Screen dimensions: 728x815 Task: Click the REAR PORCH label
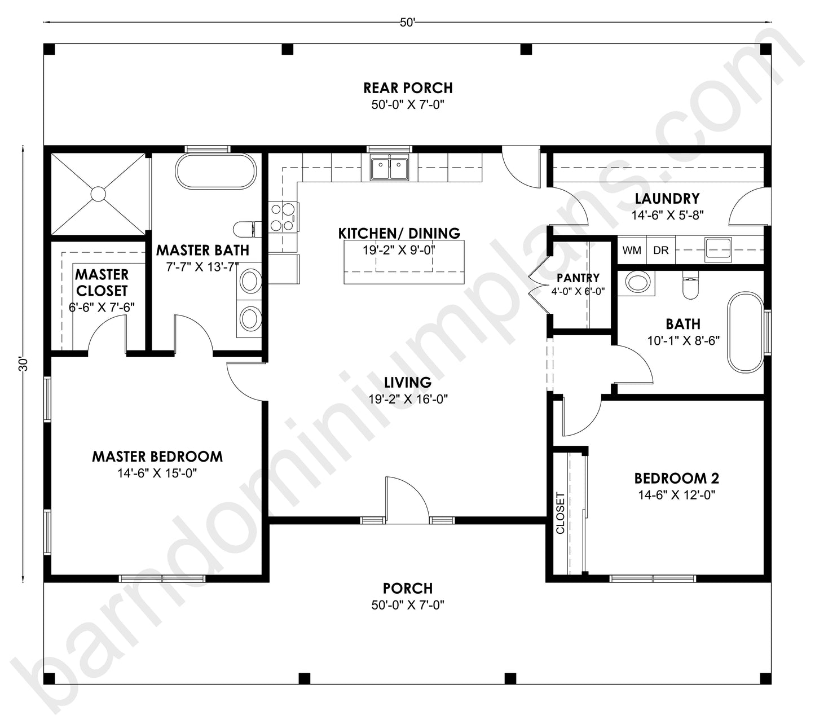407,88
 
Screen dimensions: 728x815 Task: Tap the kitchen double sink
389,168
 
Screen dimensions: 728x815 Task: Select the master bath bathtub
215,171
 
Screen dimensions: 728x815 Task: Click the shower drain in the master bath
98,194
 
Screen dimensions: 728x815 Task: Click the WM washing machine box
632,250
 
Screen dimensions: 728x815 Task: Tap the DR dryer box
660,250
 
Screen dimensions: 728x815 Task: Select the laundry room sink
717,248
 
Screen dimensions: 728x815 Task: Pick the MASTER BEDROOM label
157,457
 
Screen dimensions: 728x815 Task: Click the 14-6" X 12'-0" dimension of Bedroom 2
677,495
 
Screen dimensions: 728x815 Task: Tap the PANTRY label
578,278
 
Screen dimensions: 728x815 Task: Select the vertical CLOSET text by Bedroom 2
560,513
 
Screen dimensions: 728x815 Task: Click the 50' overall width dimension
407,23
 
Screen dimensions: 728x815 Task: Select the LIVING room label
407,383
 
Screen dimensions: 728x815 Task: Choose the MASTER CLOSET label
102,282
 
